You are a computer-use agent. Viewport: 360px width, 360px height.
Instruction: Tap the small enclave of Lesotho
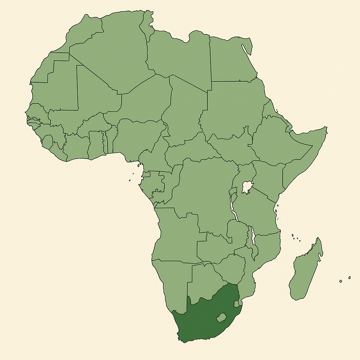click(x=221, y=318)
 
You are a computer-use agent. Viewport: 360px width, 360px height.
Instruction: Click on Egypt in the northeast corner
click(x=230, y=60)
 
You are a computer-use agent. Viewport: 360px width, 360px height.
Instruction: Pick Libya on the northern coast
click(x=179, y=56)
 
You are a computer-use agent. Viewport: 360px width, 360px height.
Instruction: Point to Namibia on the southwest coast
click(x=172, y=281)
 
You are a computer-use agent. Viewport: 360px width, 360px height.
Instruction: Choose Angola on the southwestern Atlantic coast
click(x=176, y=236)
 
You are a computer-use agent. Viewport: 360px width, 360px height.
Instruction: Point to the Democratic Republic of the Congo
click(x=204, y=190)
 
